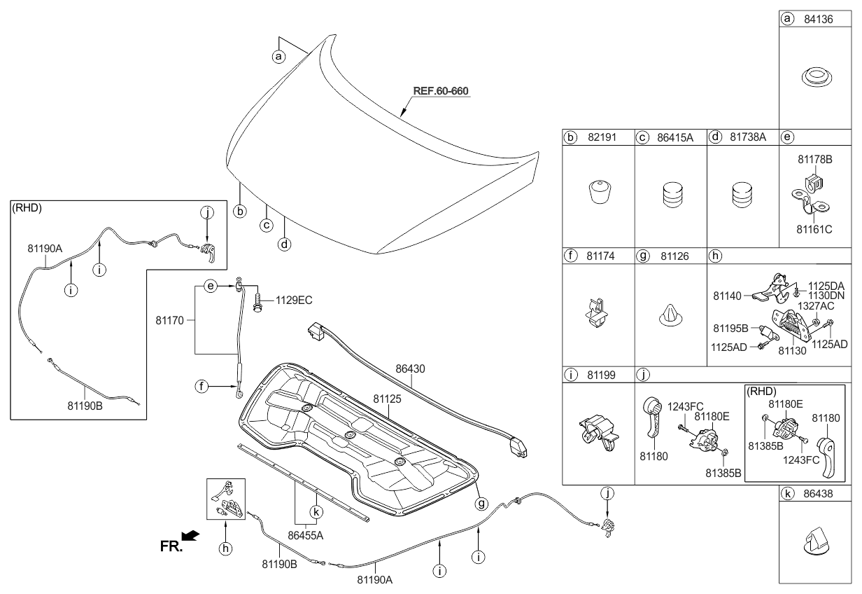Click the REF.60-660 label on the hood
(440, 91)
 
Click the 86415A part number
(674, 138)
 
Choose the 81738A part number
(747, 138)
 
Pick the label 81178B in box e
(815, 160)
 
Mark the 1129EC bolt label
(293, 301)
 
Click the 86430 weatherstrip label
(410, 367)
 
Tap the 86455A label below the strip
(301, 534)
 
